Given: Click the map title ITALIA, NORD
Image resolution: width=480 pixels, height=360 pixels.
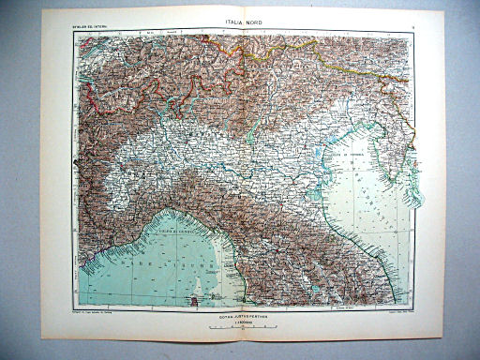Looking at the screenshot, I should click(242, 24).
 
